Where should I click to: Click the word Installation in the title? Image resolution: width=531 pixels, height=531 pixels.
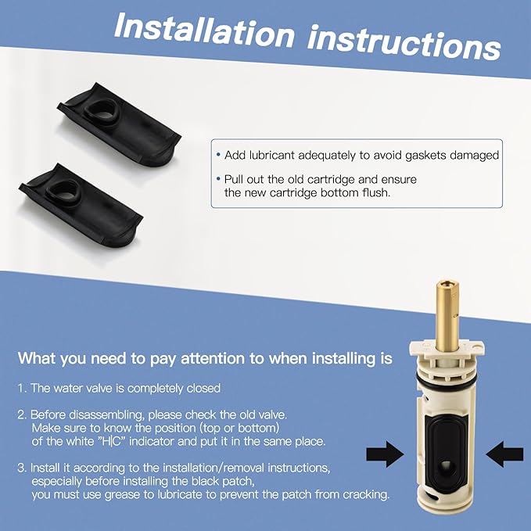tap(205, 30)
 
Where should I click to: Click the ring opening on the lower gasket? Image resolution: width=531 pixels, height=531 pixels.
tap(63, 192)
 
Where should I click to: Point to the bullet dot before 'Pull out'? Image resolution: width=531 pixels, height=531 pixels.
tap(218, 179)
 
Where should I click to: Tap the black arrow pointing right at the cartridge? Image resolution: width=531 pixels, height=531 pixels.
tap(385, 454)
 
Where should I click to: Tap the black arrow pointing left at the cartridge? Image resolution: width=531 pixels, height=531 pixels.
tap(504, 454)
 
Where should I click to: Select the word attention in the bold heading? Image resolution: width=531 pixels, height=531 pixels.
tap(213, 359)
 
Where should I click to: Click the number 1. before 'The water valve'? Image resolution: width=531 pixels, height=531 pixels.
tap(22, 388)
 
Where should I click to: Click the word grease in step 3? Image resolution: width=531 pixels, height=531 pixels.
tap(121, 495)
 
